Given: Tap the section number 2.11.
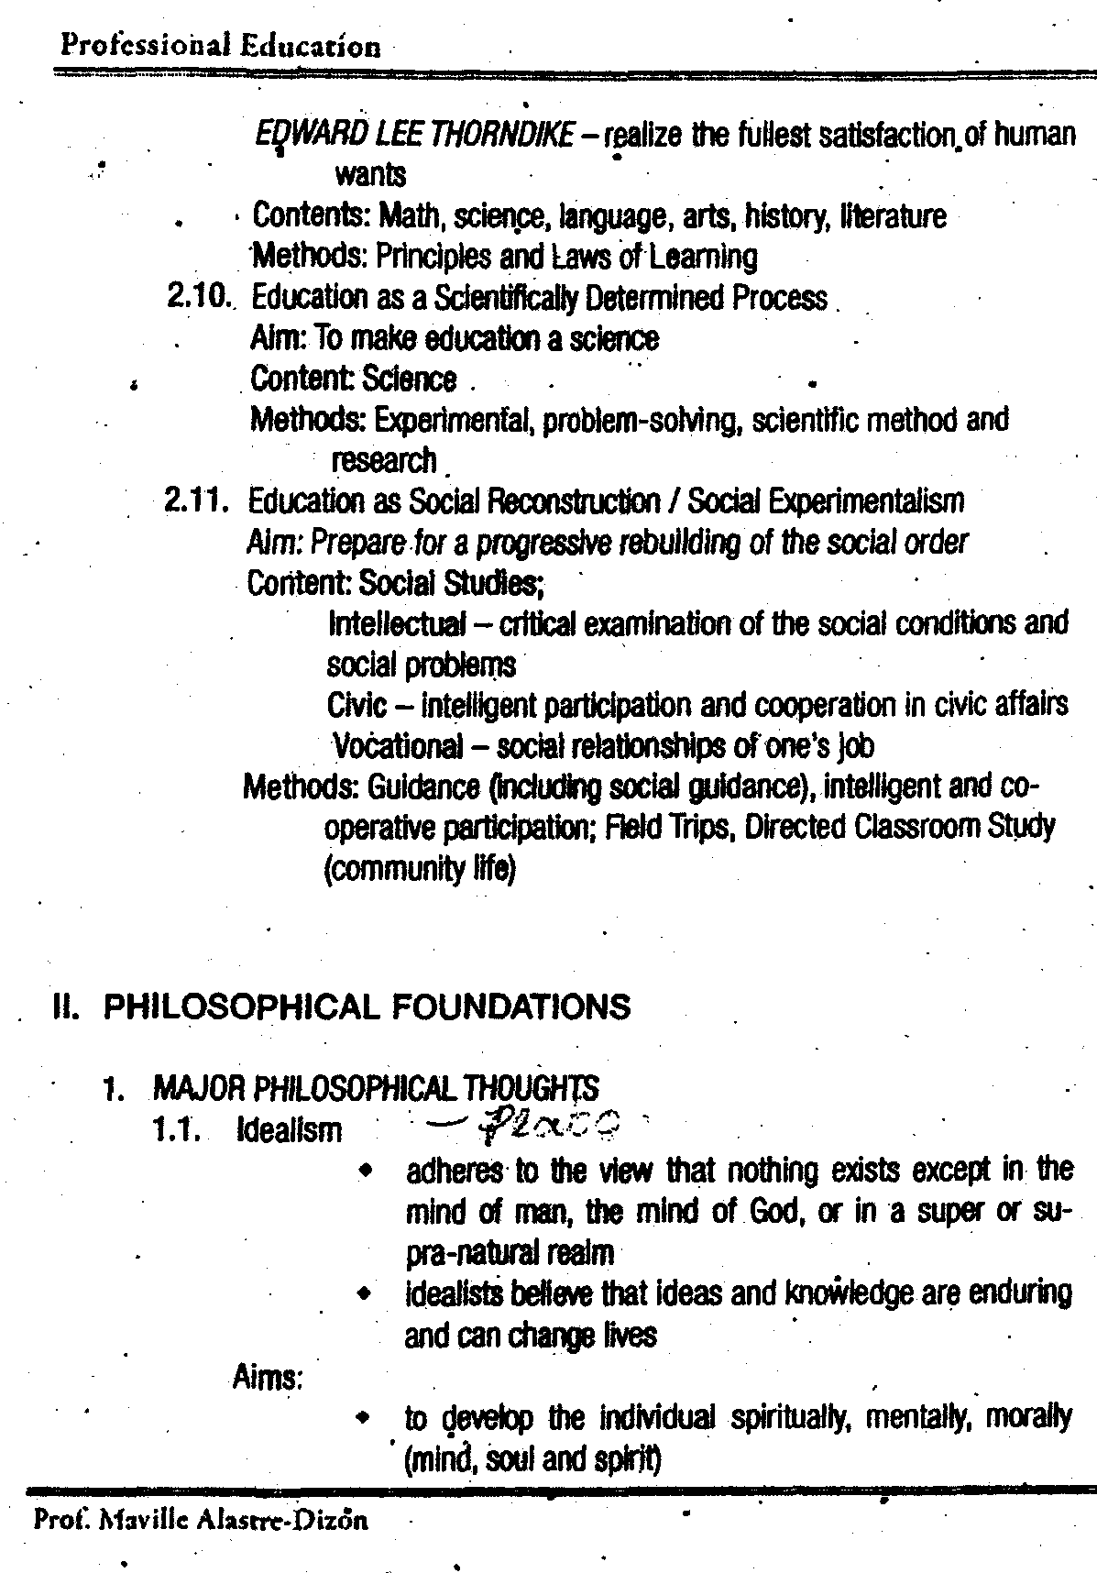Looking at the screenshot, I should pyautogui.click(x=195, y=501).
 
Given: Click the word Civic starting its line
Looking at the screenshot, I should pyautogui.click(x=356, y=705).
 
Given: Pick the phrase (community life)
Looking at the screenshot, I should pyautogui.click(x=420, y=866).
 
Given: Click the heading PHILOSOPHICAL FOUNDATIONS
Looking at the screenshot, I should pyautogui.click(x=367, y=1006).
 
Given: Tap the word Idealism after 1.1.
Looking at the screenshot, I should pyautogui.click(x=289, y=1129).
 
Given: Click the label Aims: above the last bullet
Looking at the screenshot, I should pyautogui.click(x=268, y=1377).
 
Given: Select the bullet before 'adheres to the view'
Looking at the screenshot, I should pyautogui.click(x=366, y=1171).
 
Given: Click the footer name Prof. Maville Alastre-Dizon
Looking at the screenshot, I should pyautogui.click(x=200, y=1521).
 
